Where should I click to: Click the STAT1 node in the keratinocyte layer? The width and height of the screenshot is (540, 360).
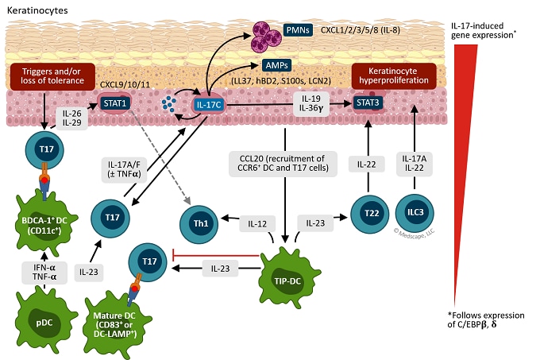tap(114, 103)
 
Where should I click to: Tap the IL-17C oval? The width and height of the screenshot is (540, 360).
tap(209, 103)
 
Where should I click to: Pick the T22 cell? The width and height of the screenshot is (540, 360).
tap(368, 215)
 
